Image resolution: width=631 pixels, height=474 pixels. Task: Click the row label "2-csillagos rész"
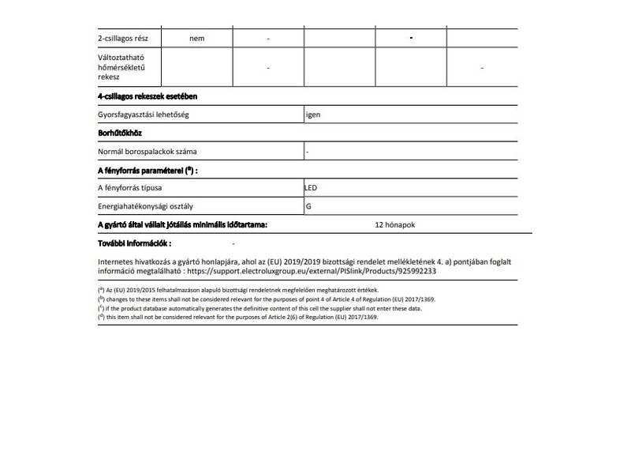coord(129,39)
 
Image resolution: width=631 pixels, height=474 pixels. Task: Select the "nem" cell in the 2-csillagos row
coord(196,39)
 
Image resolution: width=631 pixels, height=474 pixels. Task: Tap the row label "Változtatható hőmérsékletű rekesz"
coord(121,68)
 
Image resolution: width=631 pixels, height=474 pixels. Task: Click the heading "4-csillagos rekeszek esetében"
coord(147,96)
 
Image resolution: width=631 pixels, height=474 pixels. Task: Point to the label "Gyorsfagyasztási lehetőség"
coord(144,115)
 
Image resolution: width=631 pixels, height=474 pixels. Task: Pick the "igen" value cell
coord(314,115)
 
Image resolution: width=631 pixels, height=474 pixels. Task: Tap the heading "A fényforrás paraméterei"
coord(147,170)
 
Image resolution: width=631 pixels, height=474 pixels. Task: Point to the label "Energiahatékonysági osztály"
coord(147,207)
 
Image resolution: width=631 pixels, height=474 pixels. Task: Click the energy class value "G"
coord(308,207)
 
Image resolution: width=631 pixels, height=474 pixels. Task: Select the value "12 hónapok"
coord(396,225)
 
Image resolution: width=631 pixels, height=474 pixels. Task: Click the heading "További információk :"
coord(134,243)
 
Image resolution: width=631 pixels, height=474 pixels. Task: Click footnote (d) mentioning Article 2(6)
coord(237,317)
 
